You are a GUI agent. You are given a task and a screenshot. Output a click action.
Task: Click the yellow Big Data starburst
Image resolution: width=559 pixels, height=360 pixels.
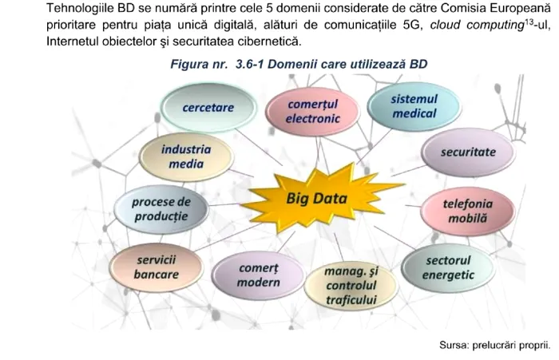pos(317,196)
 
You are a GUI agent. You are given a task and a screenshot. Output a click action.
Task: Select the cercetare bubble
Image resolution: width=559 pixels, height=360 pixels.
pos(208,107)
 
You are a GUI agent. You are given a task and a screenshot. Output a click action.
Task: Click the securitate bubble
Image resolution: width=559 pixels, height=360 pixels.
pos(467,152)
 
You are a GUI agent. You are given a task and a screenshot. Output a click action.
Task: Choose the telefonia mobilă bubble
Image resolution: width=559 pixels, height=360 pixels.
pos(466,211)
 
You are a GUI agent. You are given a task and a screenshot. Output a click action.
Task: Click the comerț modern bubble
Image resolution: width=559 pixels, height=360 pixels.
pos(259,275)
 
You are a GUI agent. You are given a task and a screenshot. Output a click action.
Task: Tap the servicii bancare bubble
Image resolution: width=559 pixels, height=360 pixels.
pos(157,267)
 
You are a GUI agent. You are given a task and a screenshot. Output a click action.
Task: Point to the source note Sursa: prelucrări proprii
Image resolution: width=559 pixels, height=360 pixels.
pos(494,346)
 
